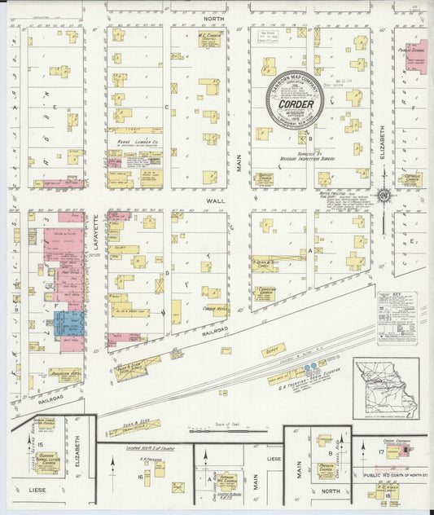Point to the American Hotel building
pos(66,374)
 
